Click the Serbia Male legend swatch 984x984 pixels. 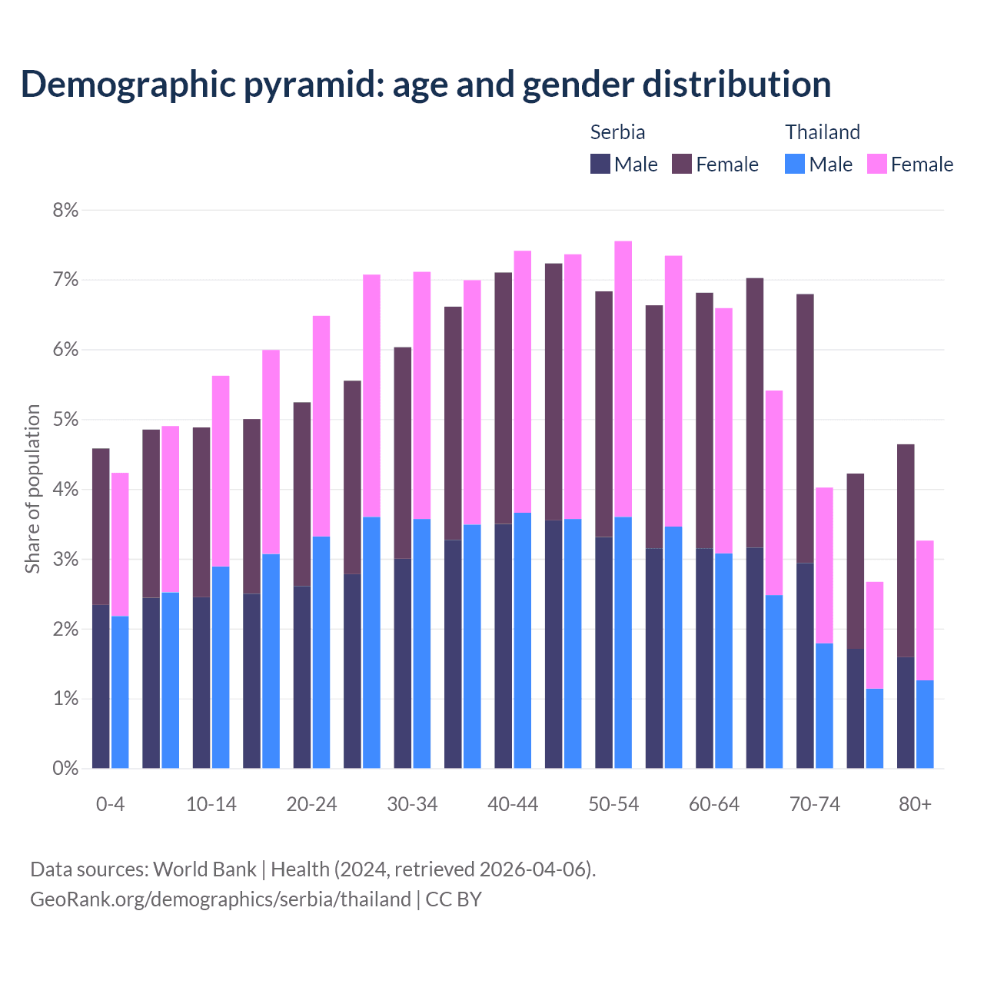coord(600,165)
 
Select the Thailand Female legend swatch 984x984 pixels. coord(877,165)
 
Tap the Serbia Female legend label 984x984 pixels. coord(726,165)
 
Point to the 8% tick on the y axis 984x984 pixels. coord(65,210)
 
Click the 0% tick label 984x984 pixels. coord(65,768)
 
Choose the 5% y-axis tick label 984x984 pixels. coord(65,420)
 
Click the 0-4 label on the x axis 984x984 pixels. coord(110,804)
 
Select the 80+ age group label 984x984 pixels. coord(915,804)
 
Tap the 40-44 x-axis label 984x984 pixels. coord(513,804)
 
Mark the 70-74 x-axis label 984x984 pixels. coord(815,804)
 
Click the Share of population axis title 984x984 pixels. coord(32,489)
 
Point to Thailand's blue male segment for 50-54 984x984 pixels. coord(623,642)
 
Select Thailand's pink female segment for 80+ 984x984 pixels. coord(925,610)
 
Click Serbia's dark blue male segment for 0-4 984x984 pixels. coord(101,686)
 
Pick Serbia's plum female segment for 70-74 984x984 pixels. coord(805,428)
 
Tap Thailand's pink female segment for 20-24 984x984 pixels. coord(321,426)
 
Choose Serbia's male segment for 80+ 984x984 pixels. coord(906,713)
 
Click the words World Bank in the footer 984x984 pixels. coord(204,869)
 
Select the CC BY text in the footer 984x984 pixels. coord(454,899)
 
